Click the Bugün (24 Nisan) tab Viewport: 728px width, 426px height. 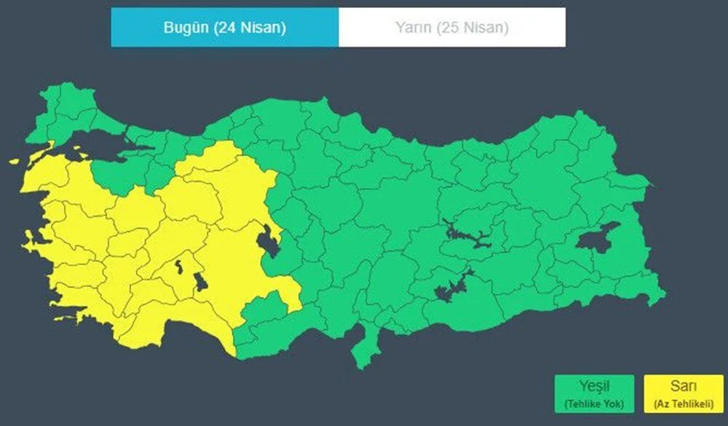pos(224,28)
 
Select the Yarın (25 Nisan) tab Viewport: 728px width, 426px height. pos(451,28)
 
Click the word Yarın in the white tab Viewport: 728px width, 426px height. pos(413,28)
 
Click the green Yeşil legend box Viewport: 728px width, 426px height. pos(593,394)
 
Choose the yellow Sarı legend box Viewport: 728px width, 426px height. pos(683,394)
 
